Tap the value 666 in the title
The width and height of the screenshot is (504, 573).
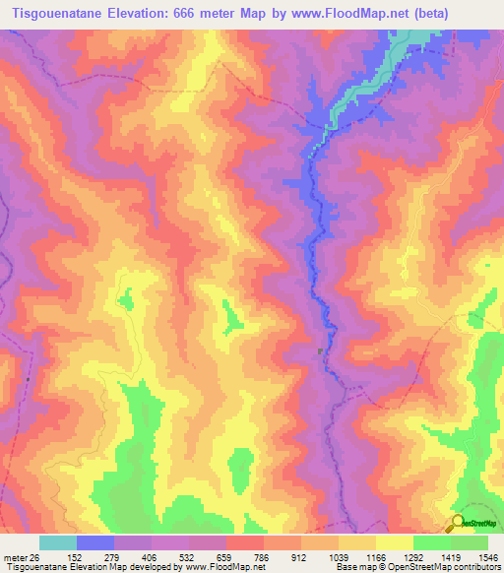(189, 14)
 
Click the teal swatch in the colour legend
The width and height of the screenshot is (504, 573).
(58, 542)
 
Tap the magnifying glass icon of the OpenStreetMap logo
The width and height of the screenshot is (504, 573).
(457, 523)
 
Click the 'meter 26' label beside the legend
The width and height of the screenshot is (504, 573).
(21, 557)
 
